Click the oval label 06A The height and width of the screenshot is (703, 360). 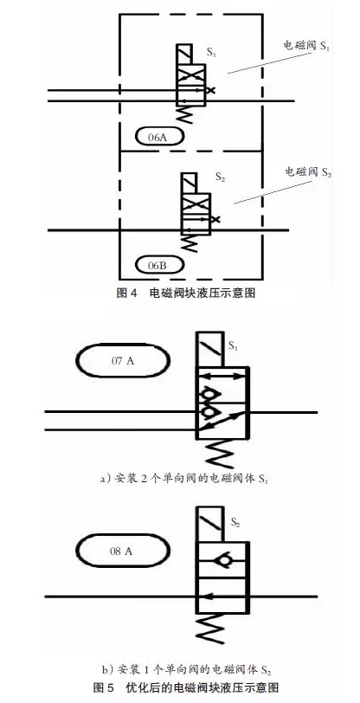(158, 137)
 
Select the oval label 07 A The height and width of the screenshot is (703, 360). (122, 361)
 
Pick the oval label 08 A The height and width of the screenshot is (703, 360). (122, 551)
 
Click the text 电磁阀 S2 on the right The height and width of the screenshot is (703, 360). (308, 172)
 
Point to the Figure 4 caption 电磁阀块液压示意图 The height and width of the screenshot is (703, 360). (185, 293)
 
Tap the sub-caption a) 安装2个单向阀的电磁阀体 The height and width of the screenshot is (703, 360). (184, 479)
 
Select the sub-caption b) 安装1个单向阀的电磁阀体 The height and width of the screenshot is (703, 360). (184, 670)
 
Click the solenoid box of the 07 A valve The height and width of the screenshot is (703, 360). (209, 349)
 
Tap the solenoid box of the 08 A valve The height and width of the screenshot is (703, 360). (209, 524)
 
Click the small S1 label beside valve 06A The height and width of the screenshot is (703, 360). (211, 53)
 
